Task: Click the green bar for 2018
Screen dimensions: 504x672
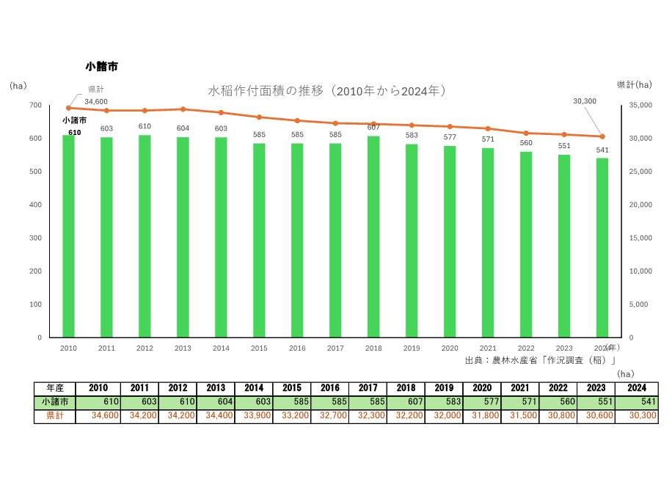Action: (x=373, y=236)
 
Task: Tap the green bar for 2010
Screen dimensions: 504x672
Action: (x=68, y=236)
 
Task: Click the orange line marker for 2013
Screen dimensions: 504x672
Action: (x=183, y=109)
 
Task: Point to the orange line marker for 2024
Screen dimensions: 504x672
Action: (x=602, y=136)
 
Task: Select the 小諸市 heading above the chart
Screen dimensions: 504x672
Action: (x=102, y=67)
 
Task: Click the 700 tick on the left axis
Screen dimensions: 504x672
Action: (x=35, y=106)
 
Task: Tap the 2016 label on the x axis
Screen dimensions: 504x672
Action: (x=297, y=348)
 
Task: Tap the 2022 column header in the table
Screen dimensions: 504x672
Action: (x=525, y=388)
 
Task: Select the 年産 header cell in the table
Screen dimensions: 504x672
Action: (x=54, y=388)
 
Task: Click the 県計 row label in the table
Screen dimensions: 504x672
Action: (x=54, y=416)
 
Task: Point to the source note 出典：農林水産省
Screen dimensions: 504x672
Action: (x=540, y=360)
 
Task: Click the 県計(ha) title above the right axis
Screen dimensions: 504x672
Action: (x=633, y=85)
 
